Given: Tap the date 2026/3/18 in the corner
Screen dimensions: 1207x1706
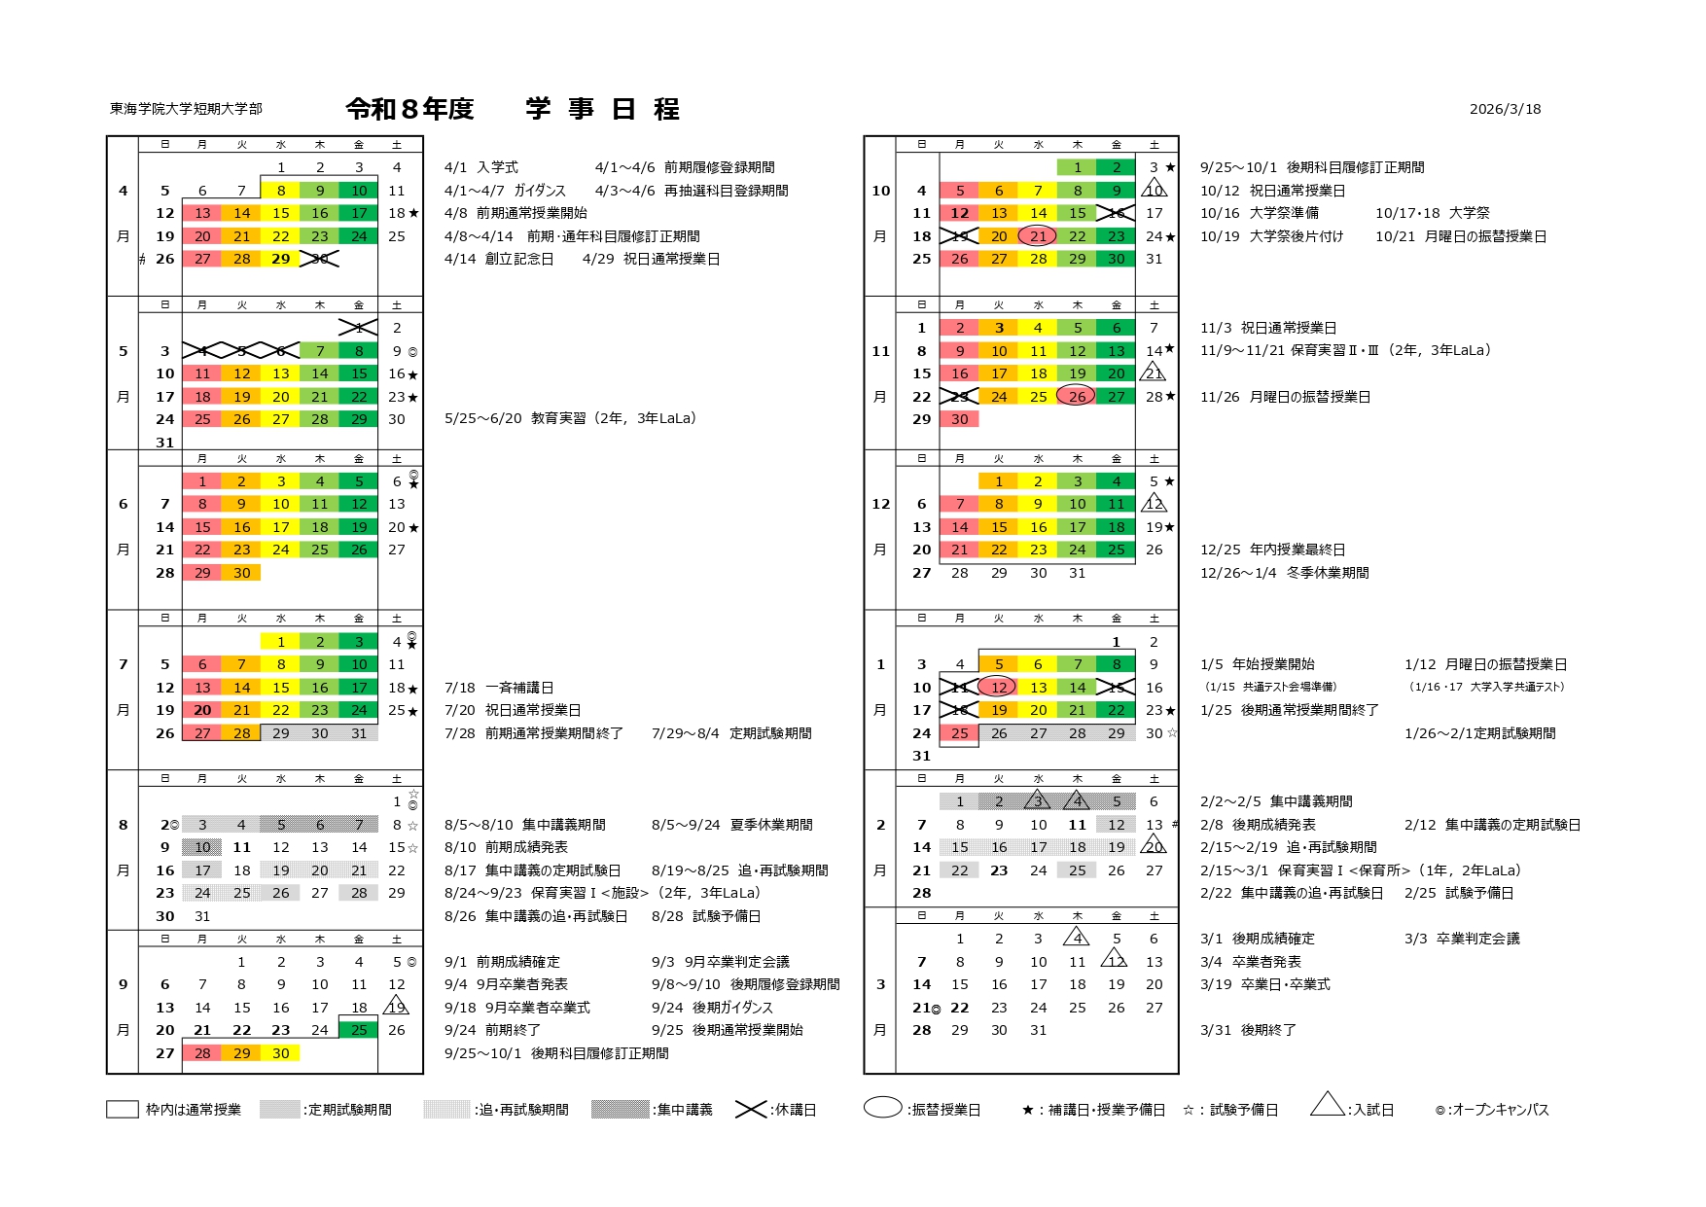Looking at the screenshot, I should pos(1505,109).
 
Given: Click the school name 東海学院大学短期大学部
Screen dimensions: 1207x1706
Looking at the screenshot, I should pos(186,109).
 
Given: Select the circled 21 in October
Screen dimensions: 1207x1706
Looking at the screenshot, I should pos(1038,236).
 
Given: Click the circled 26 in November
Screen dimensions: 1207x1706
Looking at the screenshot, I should pos(1077,397).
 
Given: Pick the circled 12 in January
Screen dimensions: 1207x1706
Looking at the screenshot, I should pos(998,688).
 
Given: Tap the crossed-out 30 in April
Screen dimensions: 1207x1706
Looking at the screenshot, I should pos(319,259).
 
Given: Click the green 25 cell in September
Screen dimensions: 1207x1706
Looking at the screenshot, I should pos(359,1030).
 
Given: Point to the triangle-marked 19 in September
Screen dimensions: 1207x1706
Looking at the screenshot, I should pos(397,1008).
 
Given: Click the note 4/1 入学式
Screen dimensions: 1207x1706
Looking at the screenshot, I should pos(481,167).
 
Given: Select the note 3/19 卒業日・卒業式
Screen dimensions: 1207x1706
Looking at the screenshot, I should pos(1264,984).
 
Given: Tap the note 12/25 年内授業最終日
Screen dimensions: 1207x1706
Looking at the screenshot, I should pos(1272,550).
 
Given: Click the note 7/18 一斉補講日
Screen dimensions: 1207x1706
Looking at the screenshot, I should pos(499,688).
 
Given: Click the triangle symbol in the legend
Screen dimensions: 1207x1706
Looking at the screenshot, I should pos(1328,1105).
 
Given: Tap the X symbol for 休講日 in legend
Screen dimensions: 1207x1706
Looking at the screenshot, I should pos(751,1110).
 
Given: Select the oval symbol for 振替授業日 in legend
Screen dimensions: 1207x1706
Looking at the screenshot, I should pos(882,1108).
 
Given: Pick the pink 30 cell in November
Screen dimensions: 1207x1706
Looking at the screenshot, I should pos(960,419).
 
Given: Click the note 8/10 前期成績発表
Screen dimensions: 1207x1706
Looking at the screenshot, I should pos(506,847).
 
